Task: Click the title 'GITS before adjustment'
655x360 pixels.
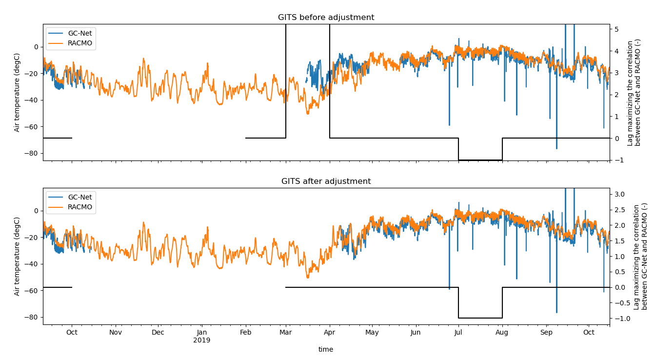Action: click(x=326, y=18)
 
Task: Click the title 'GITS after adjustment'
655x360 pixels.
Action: click(x=326, y=181)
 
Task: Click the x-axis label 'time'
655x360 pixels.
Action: click(x=326, y=349)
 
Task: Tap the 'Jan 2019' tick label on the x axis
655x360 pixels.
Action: click(x=201, y=336)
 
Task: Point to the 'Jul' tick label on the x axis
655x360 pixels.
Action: click(x=458, y=333)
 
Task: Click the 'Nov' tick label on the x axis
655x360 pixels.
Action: click(x=116, y=333)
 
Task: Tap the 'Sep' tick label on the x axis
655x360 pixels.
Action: click(x=546, y=333)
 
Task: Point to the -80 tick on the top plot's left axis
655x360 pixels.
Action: click(x=32, y=153)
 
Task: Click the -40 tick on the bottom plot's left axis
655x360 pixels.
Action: click(x=32, y=264)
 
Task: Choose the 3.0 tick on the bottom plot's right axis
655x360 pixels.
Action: click(x=620, y=194)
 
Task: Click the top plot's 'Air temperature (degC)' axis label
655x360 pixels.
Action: click(x=17, y=92)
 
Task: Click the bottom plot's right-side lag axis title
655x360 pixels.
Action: click(x=641, y=256)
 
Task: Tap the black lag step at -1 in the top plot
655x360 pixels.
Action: click(x=480, y=160)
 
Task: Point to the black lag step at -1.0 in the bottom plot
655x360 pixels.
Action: click(x=480, y=318)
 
